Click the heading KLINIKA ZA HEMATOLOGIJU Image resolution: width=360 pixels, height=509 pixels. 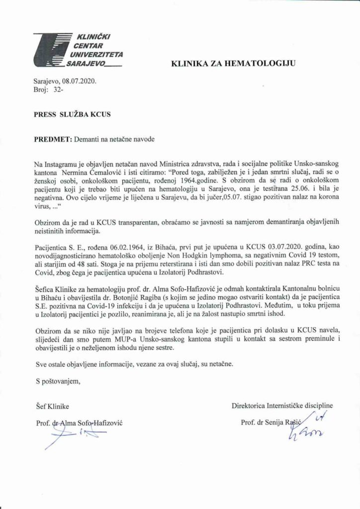(233, 63)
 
